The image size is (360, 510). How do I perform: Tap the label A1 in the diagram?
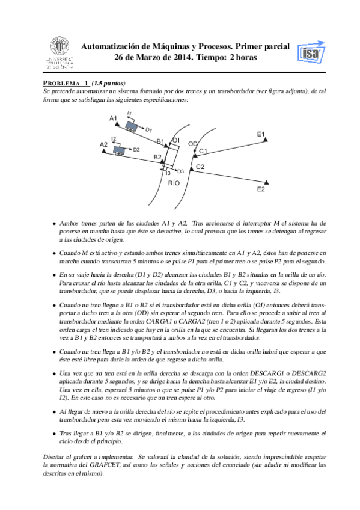pos(113,118)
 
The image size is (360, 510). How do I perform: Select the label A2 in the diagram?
pos(103,144)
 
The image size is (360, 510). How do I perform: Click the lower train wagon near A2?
pos(120,150)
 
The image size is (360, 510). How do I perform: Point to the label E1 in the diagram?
pos(261,134)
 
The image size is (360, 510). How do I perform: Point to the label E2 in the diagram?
pos(261,189)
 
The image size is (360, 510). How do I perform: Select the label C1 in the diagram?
pos(203,151)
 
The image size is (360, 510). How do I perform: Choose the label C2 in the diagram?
pos(201,167)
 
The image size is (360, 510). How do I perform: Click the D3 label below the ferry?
pos(180,171)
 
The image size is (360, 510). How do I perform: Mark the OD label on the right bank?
pos(193,144)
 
